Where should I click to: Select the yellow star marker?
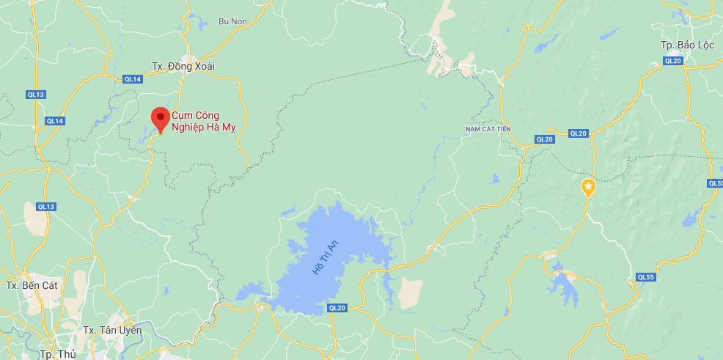click(588, 187)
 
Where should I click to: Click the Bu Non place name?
click(233, 21)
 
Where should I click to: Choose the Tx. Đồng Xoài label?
click(183, 66)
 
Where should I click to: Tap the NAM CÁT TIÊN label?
click(488, 129)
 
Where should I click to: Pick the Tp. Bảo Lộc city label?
click(687, 45)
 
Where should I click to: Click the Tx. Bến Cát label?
click(31, 284)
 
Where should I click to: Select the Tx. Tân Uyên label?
click(112, 330)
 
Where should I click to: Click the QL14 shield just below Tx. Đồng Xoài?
click(133, 79)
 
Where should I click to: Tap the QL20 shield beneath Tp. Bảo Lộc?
click(673, 61)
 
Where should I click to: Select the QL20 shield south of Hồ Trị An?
click(337, 308)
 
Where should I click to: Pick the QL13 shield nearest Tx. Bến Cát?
click(45, 207)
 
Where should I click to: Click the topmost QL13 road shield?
click(35, 95)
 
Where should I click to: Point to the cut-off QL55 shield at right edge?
click(716, 183)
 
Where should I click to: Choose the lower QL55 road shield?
click(645, 277)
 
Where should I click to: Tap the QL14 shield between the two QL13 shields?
click(55, 121)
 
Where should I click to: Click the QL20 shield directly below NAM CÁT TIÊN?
click(544, 139)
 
